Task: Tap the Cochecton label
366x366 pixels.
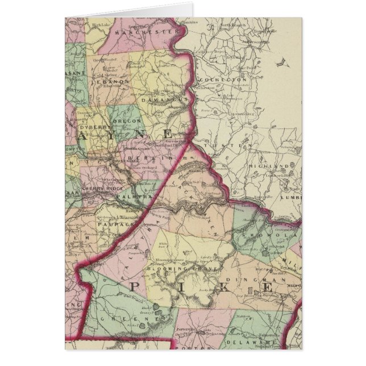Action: pyautogui.click(x=228, y=80)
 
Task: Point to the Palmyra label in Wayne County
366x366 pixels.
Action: pyautogui.click(x=131, y=197)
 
